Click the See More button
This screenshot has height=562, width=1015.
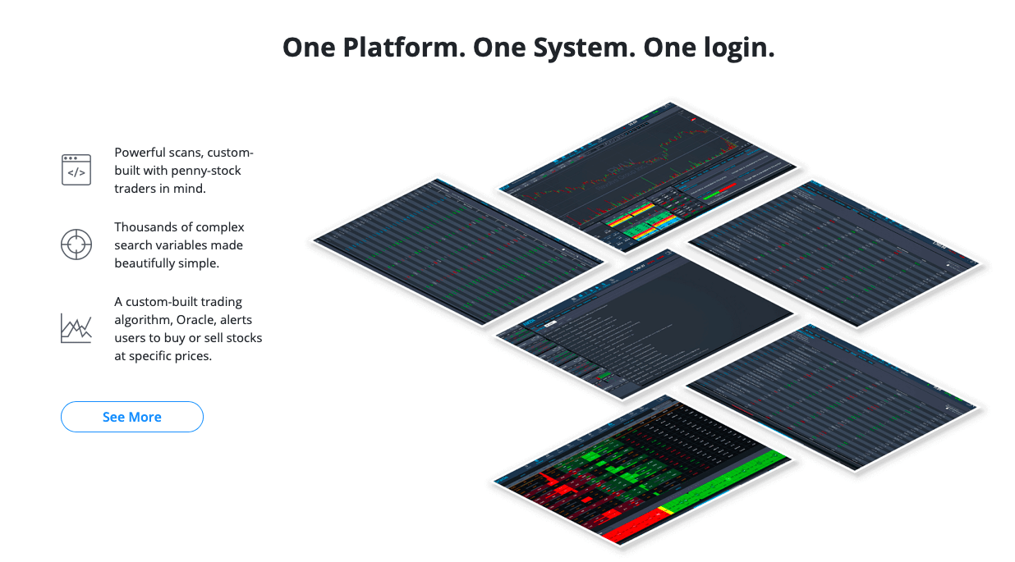131,417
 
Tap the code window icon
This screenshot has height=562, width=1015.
76,170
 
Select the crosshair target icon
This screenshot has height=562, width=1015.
76,244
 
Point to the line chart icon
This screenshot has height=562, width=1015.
76,327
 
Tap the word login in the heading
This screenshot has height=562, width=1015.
730,48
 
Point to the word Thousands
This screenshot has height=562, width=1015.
145,227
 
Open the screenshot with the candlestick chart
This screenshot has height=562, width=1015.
649,172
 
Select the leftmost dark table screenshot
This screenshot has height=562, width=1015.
458,250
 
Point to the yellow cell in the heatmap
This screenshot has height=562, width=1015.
665,510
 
